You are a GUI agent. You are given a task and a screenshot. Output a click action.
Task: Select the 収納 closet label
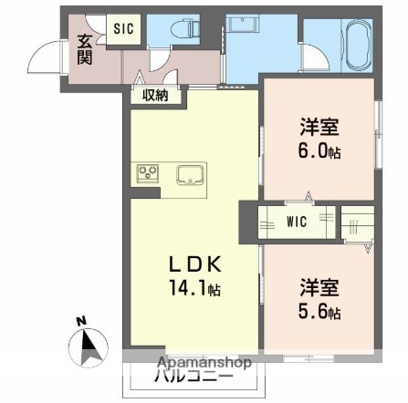pos(155,95)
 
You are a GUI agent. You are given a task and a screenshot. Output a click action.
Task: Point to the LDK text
pos(193,265)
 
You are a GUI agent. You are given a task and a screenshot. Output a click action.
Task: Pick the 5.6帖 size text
pos(321,313)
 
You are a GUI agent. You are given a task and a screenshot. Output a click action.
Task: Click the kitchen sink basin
pos(191,173)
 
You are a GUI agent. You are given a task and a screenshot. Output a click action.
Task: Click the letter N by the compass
pos(79,321)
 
